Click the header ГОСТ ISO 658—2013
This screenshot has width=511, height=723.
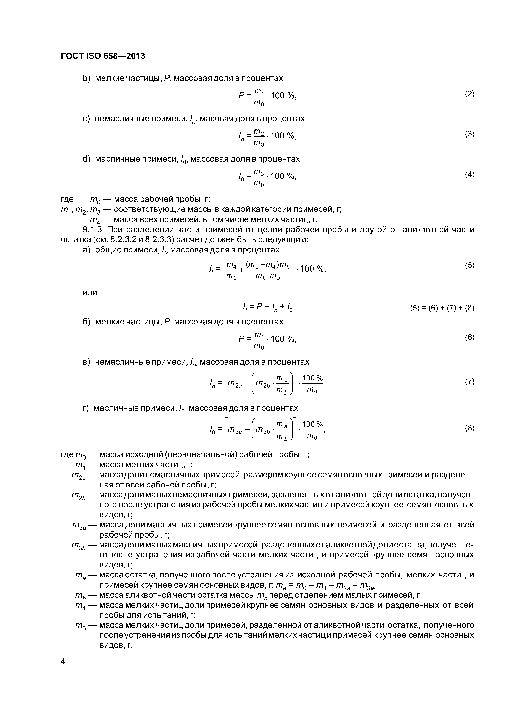point(103,56)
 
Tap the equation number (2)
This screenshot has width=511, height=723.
point(469,94)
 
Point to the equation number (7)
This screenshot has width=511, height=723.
point(469,382)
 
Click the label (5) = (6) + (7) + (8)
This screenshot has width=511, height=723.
point(442,308)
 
